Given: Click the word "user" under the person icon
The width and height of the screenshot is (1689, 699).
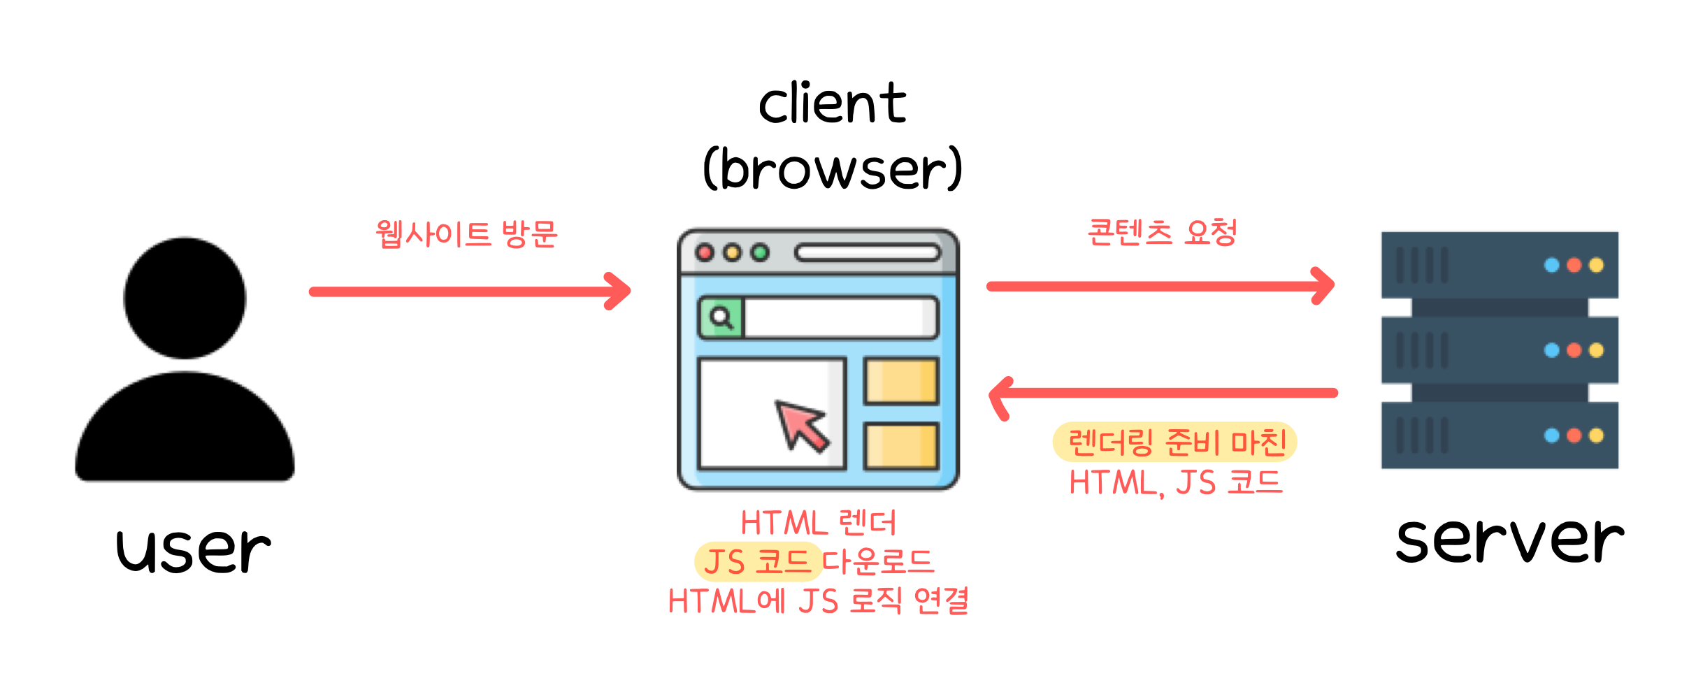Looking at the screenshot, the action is point(193,550).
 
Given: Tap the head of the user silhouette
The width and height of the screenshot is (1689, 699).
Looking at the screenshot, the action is point(185,298).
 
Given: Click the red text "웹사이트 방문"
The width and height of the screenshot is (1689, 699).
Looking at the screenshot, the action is point(466,234).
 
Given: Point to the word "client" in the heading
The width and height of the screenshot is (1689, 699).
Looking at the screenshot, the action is point(832,103).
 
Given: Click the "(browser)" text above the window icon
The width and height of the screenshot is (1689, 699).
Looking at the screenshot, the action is point(832,169).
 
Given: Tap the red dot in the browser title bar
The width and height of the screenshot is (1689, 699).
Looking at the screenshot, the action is point(705,253).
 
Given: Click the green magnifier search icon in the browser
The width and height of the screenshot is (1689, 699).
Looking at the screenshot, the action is point(721,318).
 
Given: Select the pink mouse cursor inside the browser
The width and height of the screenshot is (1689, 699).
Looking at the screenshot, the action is point(802,424).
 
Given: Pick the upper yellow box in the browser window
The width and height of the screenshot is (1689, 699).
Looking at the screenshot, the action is point(901,382).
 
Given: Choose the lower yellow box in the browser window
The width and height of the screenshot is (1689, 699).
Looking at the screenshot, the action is point(901,446).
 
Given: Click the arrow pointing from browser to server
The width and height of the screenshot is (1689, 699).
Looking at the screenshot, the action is point(1160,286).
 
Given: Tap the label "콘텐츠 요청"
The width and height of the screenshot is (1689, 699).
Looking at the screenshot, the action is point(1162,233).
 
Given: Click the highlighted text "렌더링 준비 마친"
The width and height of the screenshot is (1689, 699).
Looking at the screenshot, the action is point(1176,442).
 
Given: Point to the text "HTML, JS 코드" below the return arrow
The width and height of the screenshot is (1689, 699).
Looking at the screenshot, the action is point(1176,483).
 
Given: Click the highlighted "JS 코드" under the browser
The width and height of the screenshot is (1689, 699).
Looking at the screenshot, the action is point(756,562).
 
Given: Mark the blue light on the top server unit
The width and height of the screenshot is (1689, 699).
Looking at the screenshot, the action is point(1551,266).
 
